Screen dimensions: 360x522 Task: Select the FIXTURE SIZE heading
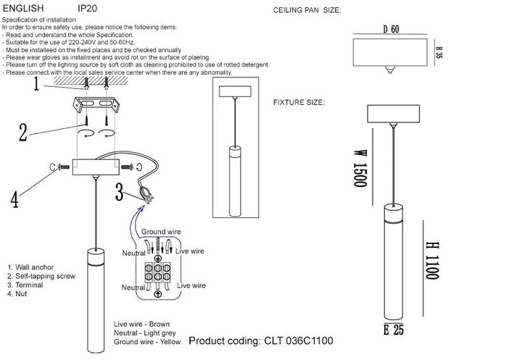pos(299,103)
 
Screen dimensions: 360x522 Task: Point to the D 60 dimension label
pos(391,30)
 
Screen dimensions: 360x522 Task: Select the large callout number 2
pos(23,133)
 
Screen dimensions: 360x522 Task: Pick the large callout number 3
pos(120,191)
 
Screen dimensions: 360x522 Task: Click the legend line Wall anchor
pos(32,267)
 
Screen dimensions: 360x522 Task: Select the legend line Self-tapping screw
pos(42,277)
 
